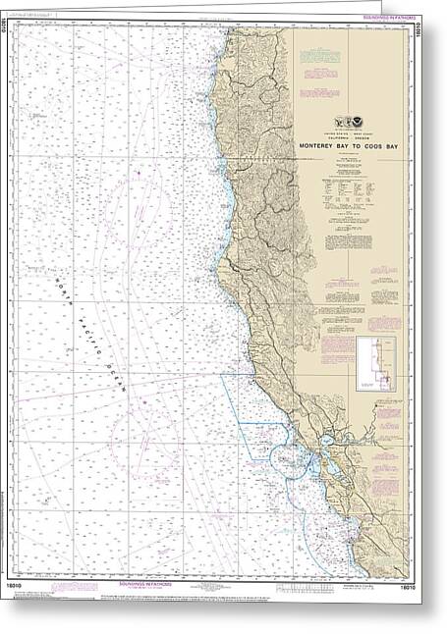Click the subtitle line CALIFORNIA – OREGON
350,139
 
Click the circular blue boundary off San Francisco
285,456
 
